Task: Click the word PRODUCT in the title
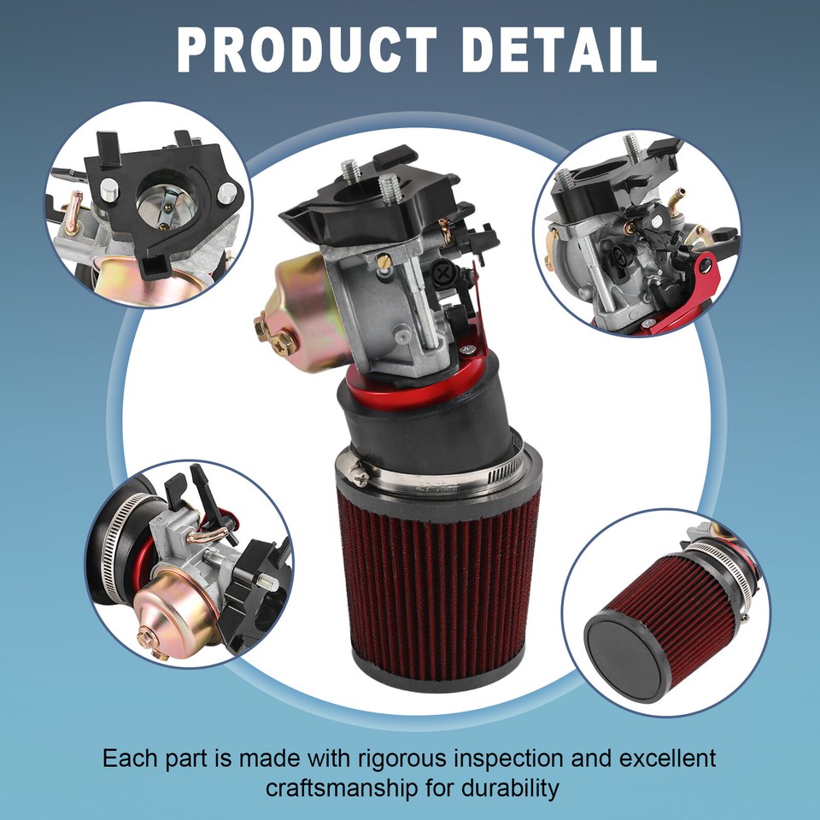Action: coord(306,50)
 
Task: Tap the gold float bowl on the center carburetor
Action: coord(303,307)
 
